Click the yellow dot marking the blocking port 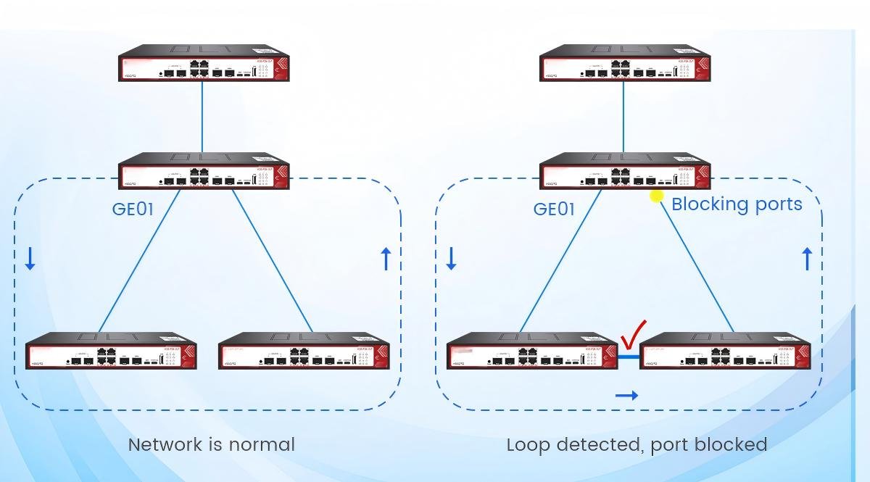[x=657, y=196]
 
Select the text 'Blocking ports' [x=737, y=204]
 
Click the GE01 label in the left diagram [x=133, y=209]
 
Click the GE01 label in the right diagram [x=554, y=209]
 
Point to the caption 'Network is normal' [x=211, y=444]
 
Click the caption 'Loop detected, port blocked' [x=637, y=444]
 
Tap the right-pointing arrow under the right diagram [x=626, y=395]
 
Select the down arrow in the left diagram [x=30, y=258]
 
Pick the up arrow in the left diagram [x=386, y=258]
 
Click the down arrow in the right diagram [x=451, y=258]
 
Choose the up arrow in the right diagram [x=807, y=258]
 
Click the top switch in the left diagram [x=204, y=64]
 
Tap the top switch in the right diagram [x=625, y=64]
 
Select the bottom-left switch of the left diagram [x=112, y=352]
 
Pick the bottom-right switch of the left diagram [x=304, y=352]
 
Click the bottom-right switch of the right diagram [x=725, y=352]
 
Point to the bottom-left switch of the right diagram [x=532, y=352]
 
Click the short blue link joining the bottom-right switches [x=629, y=357]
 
